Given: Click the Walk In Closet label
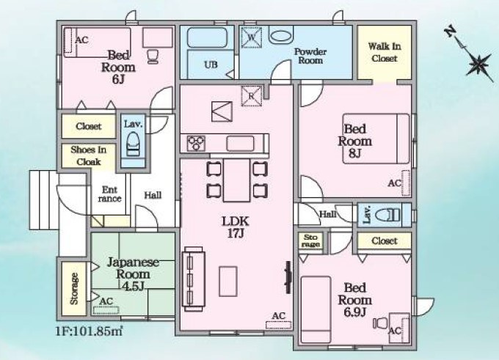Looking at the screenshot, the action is (385, 53).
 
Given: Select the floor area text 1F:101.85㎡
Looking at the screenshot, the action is (89, 331).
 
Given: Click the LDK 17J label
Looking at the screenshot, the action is (236, 227).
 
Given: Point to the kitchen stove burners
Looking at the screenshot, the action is (196, 143).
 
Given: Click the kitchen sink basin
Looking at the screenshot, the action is (240, 144).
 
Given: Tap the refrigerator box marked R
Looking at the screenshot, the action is (252, 96).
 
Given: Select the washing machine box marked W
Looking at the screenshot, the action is (252, 37).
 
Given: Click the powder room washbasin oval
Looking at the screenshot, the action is (280, 36).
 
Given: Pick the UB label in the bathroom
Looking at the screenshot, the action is (211, 65).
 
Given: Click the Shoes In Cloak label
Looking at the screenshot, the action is (89, 155).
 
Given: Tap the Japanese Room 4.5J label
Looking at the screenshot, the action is (133, 273).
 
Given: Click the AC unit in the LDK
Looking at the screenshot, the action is (278, 325).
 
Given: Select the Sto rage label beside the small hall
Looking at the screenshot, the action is (310, 240).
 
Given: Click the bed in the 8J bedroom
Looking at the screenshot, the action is (376, 139).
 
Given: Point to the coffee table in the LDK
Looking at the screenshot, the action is (228, 282).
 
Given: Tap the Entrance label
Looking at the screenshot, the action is (109, 194).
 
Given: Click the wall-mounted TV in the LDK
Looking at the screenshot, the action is (288, 277).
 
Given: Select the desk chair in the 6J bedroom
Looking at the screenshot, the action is (153, 56).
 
